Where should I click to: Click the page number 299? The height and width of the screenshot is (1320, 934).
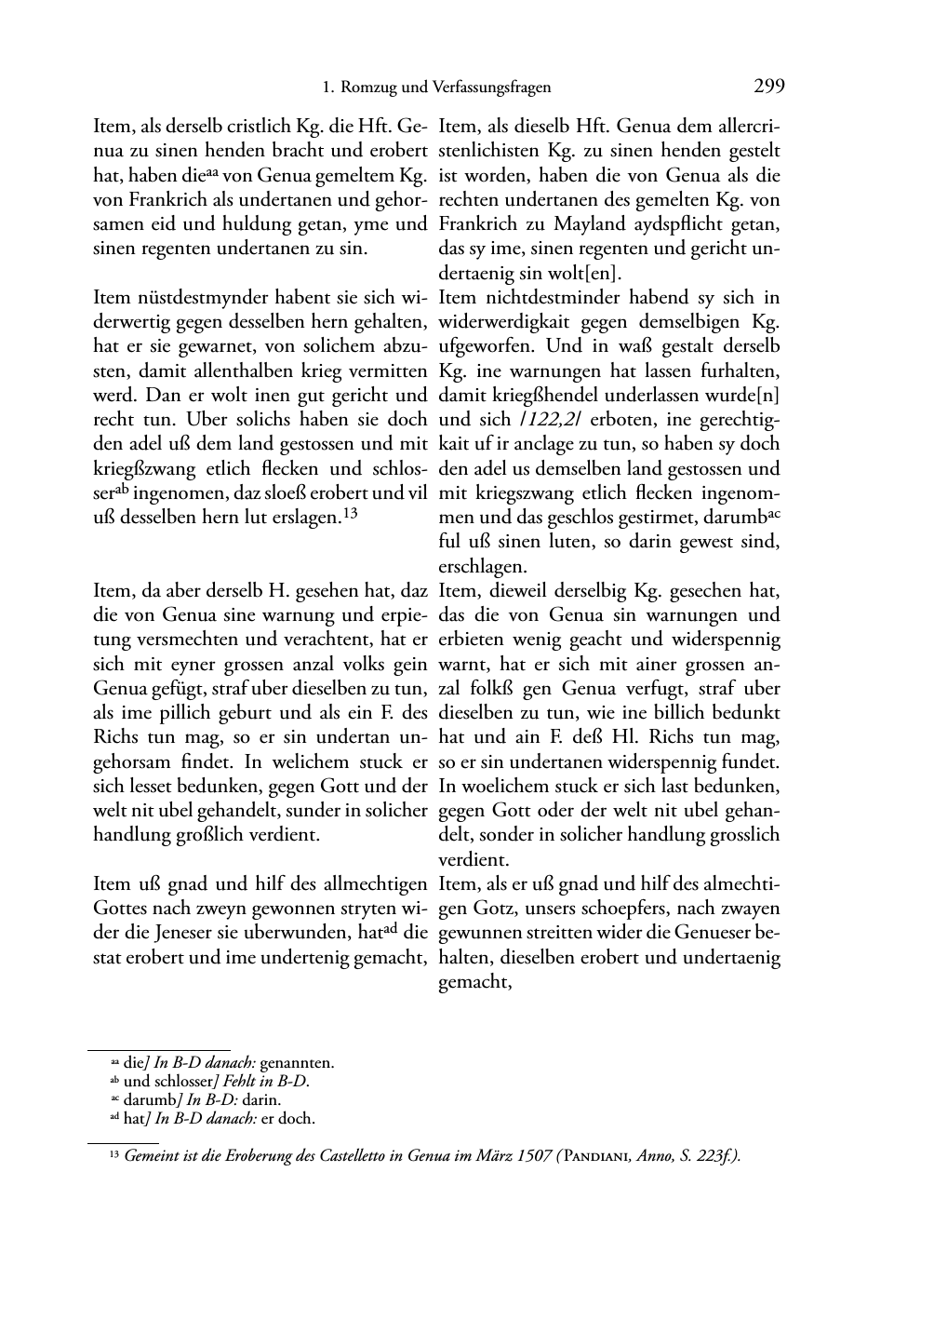[769, 87]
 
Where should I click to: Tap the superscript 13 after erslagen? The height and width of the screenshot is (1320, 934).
[350, 513]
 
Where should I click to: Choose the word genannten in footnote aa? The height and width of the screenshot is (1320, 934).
[297, 1062]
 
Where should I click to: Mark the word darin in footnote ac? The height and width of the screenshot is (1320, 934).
[263, 1099]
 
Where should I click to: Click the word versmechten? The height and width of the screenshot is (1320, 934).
[140, 640]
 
